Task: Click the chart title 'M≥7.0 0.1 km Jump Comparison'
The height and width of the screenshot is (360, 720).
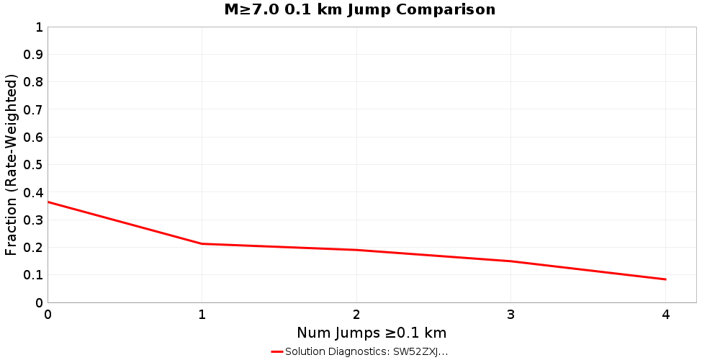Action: pos(360,9)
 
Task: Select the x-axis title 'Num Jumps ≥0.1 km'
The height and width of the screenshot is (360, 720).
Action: pos(372,333)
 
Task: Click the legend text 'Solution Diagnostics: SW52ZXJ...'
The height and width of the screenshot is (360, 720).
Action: pos(366,351)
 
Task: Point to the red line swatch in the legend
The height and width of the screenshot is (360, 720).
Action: pos(277,351)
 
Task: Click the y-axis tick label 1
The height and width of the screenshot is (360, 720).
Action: pos(39,27)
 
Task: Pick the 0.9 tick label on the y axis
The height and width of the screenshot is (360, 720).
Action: pos(34,55)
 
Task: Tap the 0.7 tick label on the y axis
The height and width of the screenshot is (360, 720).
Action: pos(34,109)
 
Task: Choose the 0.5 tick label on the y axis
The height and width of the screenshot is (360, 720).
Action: pos(34,165)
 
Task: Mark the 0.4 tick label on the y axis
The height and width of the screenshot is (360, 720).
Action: pos(34,192)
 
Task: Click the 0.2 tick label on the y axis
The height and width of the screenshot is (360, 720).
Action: pos(34,247)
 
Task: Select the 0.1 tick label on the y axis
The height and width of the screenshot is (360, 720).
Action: pos(34,275)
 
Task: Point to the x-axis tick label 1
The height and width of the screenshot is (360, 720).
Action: pos(202,315)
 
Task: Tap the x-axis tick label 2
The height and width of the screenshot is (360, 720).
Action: pos(356,315)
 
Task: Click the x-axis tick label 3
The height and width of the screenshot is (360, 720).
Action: pos(511,315)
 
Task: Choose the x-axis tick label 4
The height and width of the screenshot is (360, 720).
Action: pos(665,315)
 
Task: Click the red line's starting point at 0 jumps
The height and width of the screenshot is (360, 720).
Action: pos(48,202)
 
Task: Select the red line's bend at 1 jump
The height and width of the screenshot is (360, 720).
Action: pos(202,243)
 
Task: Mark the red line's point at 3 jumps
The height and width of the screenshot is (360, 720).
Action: pos(511,261)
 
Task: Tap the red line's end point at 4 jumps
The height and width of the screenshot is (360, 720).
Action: pos(665,279)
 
